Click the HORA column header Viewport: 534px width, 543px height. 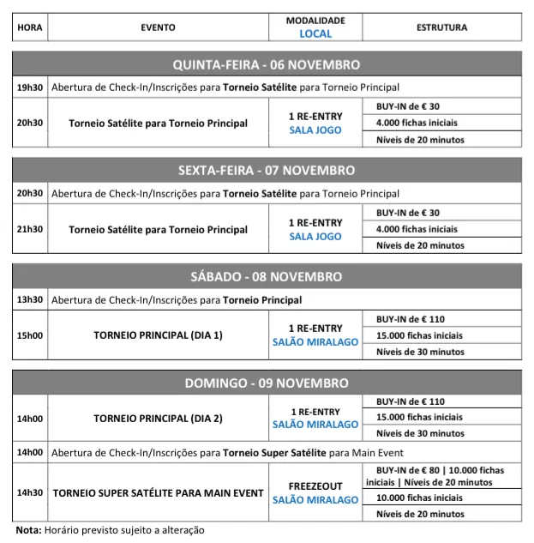coord(29,27)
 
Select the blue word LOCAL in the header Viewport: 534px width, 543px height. coord(315,34)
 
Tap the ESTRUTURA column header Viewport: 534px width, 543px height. coord(441,27)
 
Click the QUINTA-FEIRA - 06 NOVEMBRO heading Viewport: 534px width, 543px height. coord(267,65)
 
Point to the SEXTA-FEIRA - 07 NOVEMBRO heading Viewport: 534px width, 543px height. coord(267,171)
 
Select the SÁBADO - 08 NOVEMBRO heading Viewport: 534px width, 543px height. coord(267,277)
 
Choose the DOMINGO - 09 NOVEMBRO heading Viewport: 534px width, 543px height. coord(267,383)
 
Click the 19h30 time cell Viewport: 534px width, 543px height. coord(29,87)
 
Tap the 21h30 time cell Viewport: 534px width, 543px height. coord(29,229)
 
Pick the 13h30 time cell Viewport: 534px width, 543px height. coord(29,300)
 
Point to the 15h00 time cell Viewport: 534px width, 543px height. coord(29,335)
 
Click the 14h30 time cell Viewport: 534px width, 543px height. coord(29,493)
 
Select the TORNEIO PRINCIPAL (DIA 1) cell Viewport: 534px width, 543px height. coord(158,335)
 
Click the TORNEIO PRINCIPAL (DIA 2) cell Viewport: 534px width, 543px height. coord(158,419)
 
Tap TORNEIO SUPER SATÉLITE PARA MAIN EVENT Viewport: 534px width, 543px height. coord(158,493)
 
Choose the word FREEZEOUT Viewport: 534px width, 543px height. coord(315,486)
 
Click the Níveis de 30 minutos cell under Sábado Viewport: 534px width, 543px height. coord(421,352)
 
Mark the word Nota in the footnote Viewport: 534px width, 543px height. coord(28,530)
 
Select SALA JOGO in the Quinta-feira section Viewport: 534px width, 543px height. coord(315,130)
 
